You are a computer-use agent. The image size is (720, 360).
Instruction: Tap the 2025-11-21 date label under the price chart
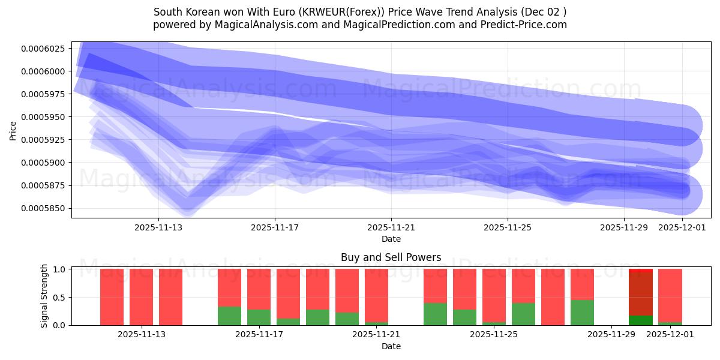click(391, 227)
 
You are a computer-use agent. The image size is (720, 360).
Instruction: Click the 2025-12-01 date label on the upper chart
click(683, 227)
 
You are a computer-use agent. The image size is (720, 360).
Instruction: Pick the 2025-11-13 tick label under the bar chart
click(142, 335)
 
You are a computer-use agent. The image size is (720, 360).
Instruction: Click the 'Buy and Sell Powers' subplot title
click(391, 257)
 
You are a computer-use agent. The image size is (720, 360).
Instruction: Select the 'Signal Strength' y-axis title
click(44, 297)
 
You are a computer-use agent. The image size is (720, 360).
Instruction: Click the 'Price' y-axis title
click(13, 130)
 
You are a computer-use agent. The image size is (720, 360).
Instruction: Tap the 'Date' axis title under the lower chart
click(391, 346)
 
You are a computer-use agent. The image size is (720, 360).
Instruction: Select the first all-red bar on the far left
click(112, 297)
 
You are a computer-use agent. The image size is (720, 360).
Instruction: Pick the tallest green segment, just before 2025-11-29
click(582, 313)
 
